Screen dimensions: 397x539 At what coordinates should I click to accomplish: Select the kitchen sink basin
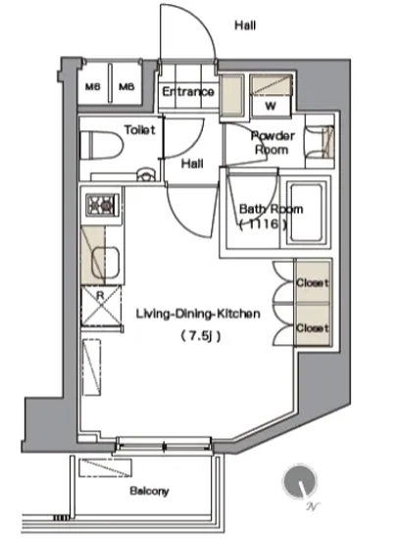(105, 263)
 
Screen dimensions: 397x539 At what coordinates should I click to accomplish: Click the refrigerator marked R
(101, 306)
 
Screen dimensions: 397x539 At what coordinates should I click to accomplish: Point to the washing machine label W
(271, 106)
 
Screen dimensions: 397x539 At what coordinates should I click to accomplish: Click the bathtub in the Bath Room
(306, 213)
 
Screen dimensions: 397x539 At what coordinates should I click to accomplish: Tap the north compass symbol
(300, 481)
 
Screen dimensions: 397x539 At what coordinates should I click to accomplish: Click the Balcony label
(150, 491)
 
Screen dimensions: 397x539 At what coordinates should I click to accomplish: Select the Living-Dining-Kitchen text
(198, 314)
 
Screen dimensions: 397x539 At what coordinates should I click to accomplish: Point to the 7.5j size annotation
(201, 335)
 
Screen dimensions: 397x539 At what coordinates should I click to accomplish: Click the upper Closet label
(313, 282)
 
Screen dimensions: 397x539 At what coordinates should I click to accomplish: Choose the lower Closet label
(313, 328)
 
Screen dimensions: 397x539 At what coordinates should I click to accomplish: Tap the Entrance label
(188, 91)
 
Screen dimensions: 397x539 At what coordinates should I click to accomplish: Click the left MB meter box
(93, 86)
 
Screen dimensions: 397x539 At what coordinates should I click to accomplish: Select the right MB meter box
(126, 86)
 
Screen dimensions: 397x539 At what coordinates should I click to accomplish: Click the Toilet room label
(140, 129)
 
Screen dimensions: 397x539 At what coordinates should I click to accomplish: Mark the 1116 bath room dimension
(264, 224)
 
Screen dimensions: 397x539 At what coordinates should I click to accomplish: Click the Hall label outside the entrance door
(245, 25)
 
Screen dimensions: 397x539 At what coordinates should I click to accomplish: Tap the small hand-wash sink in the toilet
(146, 173)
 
